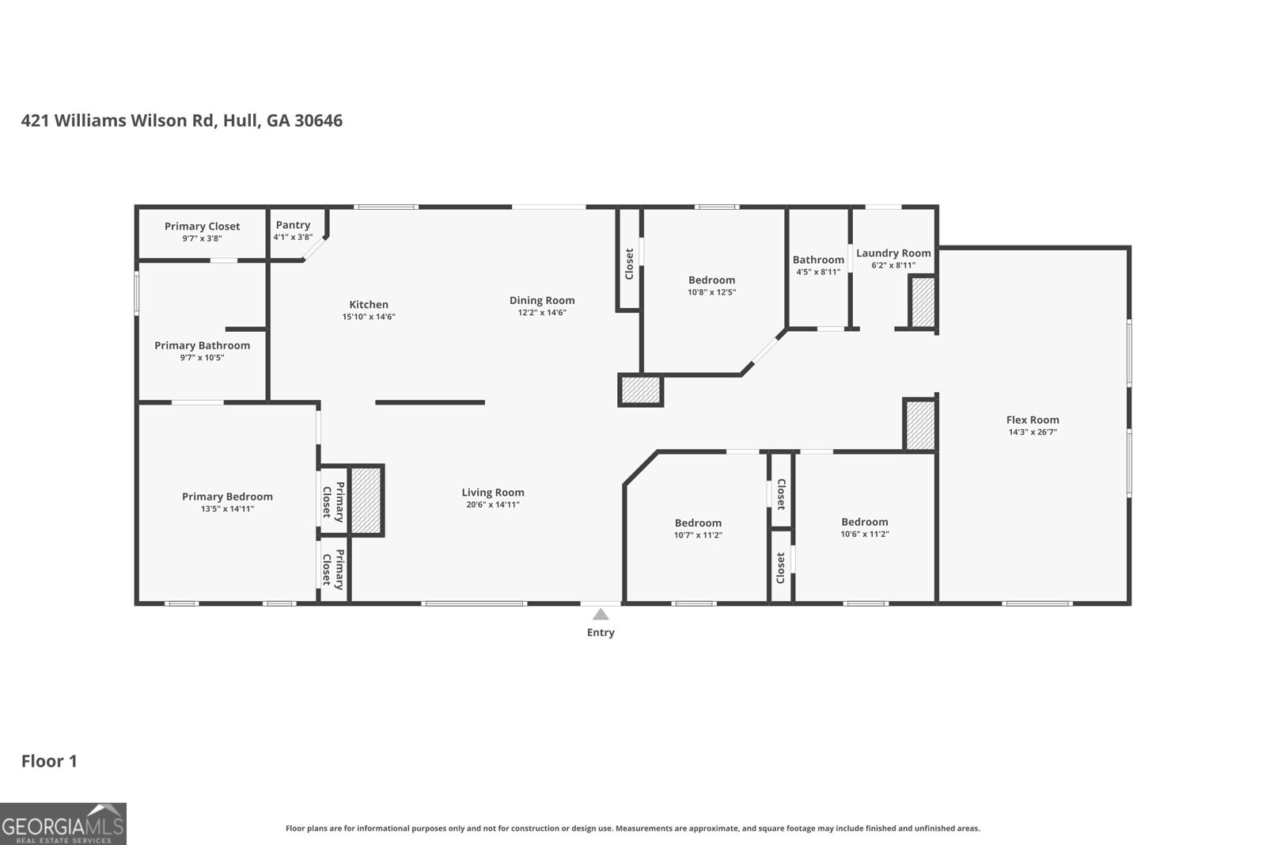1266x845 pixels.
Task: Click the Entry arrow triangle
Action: [x=601, y=614]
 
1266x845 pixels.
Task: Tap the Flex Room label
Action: [x=1033, y=420]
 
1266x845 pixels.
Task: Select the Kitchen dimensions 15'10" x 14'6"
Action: [x=369, y=317]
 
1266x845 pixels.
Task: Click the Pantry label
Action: [x=293, y=225]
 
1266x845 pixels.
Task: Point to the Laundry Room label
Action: [x=893, y=253]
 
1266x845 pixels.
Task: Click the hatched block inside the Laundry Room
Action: [x=923, y=302]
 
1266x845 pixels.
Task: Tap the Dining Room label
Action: [x=542, y=300]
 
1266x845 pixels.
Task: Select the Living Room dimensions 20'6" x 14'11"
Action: [x=492, y=504]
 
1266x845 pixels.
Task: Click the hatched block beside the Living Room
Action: [x=366, y=501]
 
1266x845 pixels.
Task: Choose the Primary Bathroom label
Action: [x=202, y=345]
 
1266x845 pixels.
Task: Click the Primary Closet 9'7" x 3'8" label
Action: [x=202, y=226]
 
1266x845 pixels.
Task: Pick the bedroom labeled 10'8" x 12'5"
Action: [x=711, y=280]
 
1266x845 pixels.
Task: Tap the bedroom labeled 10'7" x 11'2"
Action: [x=698, y=523]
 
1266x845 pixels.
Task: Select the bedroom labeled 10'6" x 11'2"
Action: [x=864, y=522]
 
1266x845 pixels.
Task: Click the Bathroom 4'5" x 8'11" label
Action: [x=818, y=260]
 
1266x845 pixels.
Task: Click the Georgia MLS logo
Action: [x=63, y=824]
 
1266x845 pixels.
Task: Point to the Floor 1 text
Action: [x=49, y=761]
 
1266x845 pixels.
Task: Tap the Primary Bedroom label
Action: [x=227, y=497]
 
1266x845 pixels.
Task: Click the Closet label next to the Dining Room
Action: [x=629, y=264]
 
